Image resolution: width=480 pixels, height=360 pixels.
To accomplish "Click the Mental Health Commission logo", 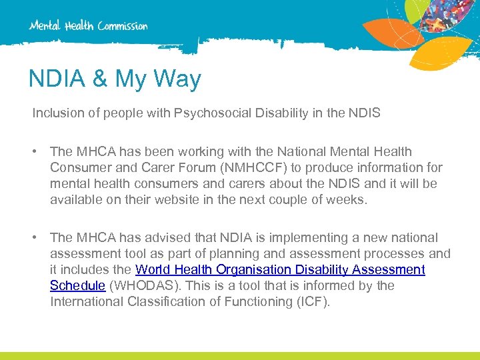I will point(88,25).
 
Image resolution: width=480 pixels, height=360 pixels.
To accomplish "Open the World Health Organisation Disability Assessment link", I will point(280,270).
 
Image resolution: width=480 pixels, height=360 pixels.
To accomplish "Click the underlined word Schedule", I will point(77,286).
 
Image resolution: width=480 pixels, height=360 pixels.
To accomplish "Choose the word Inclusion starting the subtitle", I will point(58,113).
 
